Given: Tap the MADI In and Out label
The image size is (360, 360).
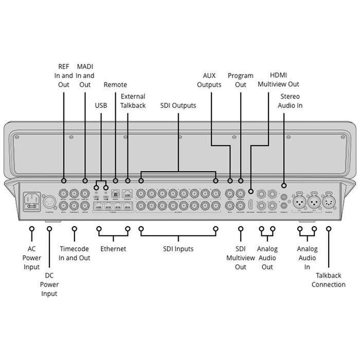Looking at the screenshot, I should (85, 75).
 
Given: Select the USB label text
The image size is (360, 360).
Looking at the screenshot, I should (101, 105).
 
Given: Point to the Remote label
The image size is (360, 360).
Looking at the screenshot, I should (115, 85).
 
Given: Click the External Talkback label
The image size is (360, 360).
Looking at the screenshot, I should (133, 101).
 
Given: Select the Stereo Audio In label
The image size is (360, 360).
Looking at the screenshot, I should (290, 101).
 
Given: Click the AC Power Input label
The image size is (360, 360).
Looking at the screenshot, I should (32, 258).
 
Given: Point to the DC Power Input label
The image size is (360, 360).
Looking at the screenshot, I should (49, 284).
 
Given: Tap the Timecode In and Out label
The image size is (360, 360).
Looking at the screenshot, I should (75, 254).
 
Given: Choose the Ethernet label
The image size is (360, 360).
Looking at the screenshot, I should (113, 249).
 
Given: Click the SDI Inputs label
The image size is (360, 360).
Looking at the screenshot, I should (178, 249).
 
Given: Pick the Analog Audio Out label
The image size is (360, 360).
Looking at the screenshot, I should (267, 258).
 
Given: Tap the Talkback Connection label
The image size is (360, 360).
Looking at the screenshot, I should (329, 280).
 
